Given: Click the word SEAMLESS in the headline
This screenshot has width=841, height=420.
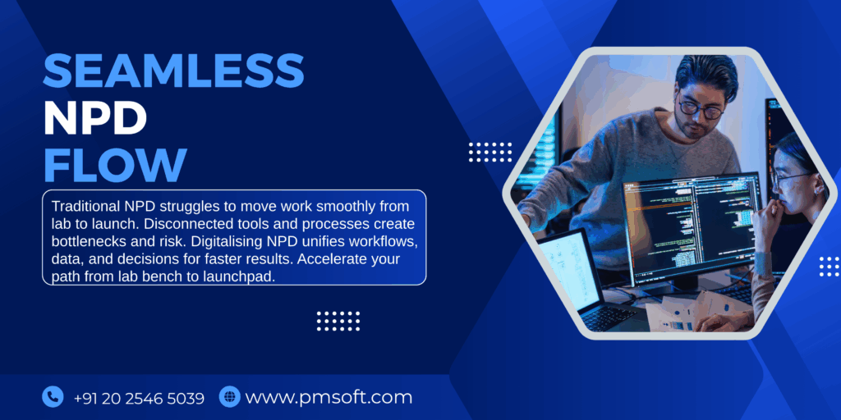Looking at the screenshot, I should (173, 71).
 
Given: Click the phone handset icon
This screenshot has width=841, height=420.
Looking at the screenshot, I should (53, 397).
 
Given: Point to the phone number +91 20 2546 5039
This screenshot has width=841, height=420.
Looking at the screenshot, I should (139, 398).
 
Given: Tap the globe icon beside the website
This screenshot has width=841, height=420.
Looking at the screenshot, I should (229, 397).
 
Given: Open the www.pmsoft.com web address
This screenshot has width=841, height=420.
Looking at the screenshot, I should (329, 398).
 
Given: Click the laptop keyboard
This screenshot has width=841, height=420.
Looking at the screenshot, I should (611, 317).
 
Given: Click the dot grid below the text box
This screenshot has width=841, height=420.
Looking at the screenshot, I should (338, 321).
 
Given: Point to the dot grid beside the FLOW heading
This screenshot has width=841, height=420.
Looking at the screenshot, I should (489, 152).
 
